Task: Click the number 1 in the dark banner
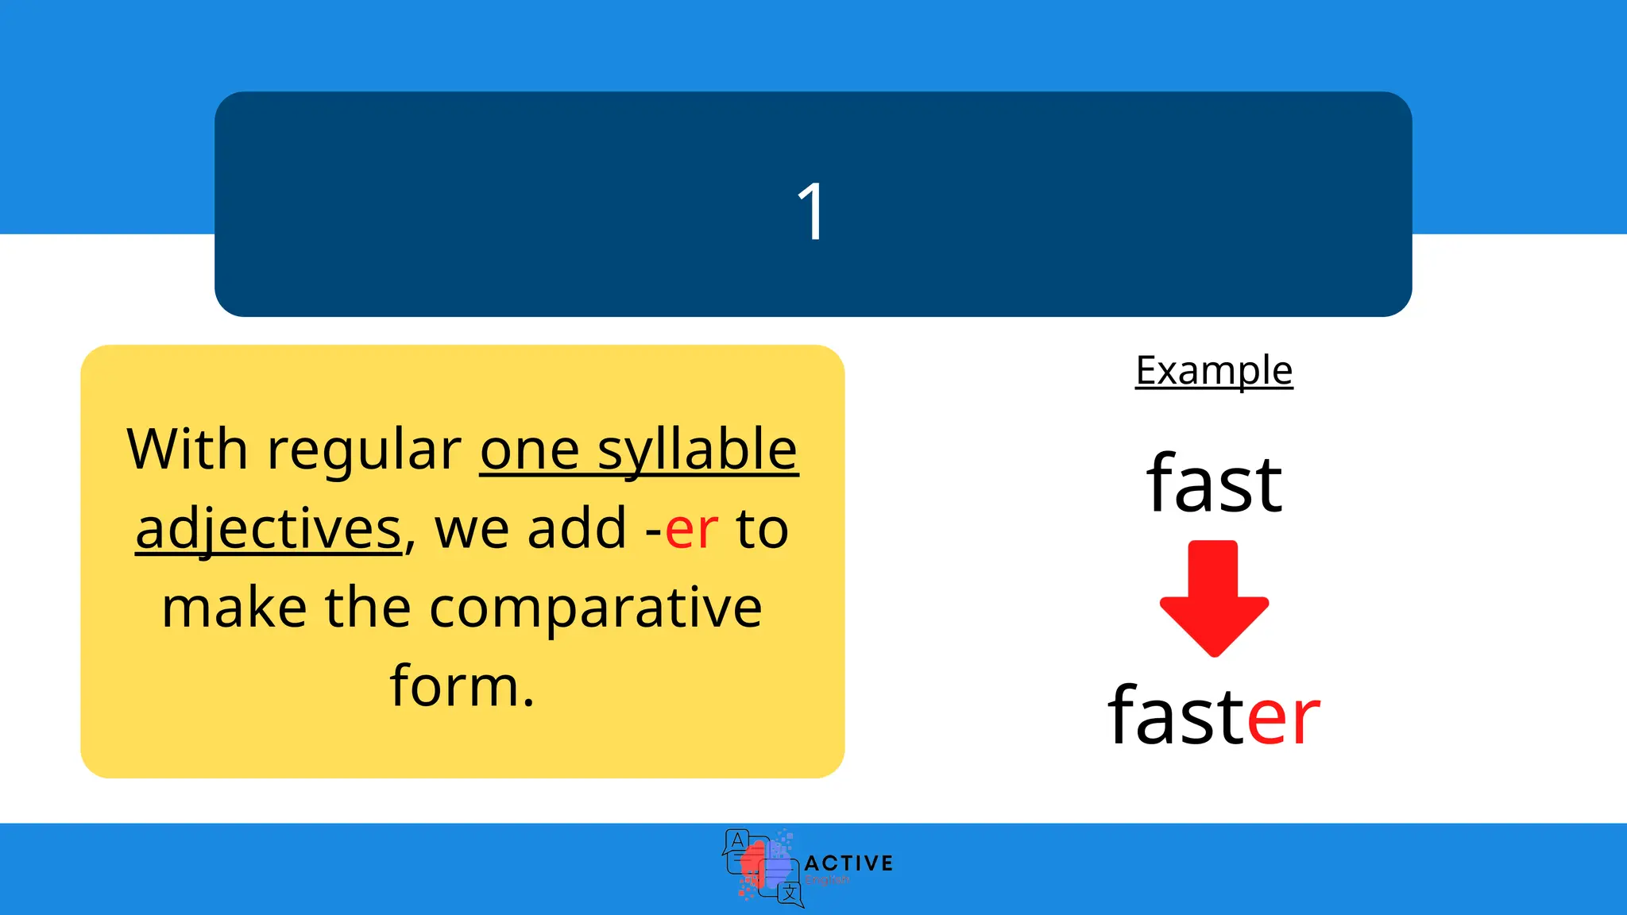[x=811, y=211]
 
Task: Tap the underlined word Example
[x=1214, y=371]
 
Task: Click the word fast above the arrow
[x=1214, y=484]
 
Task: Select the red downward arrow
[x=1214, y=597]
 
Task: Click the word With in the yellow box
[x=187, y=450]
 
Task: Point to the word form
[x=462, y=686]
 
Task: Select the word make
[x=234, y=608]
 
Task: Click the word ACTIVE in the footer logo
[x=848, y=863]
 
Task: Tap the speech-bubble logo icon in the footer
[x=762, y=868]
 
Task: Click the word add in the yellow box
[x=578, y=529]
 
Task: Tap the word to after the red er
[x=762, y=529]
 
